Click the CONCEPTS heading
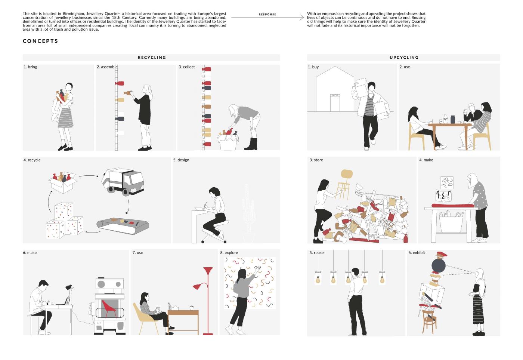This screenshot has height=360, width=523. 40,41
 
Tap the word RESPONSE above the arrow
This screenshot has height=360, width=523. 267,15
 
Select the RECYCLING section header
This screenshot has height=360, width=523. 152,58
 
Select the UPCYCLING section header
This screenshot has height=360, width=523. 404,58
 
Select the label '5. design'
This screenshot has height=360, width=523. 181,160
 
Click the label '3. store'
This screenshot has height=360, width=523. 316,160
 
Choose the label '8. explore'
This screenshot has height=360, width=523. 229,253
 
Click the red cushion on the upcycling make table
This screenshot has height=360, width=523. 453,206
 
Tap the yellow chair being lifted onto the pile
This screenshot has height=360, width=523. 344,185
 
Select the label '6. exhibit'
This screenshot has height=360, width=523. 417,253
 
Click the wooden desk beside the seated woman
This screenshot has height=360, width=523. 183,321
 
